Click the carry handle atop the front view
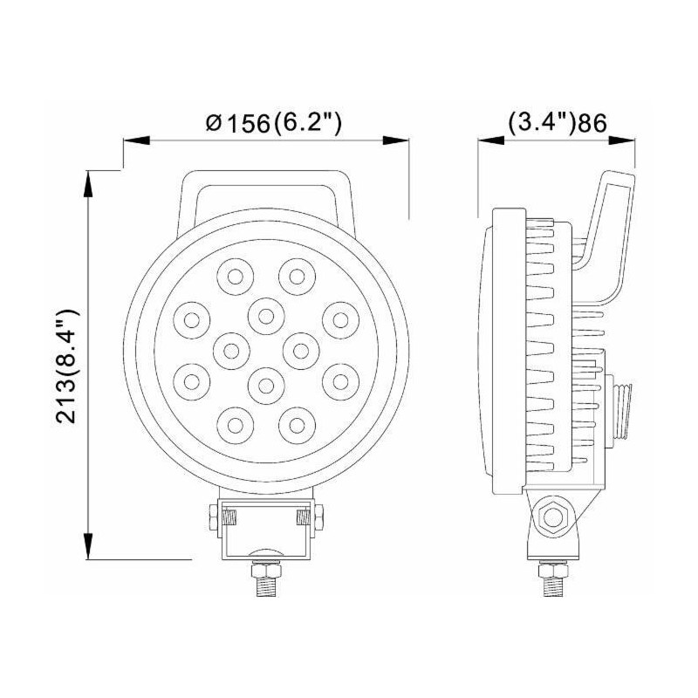click(x=267, y=188)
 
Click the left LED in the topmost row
click(x=235, y=277)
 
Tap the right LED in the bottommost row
click(x=297, y=424)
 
